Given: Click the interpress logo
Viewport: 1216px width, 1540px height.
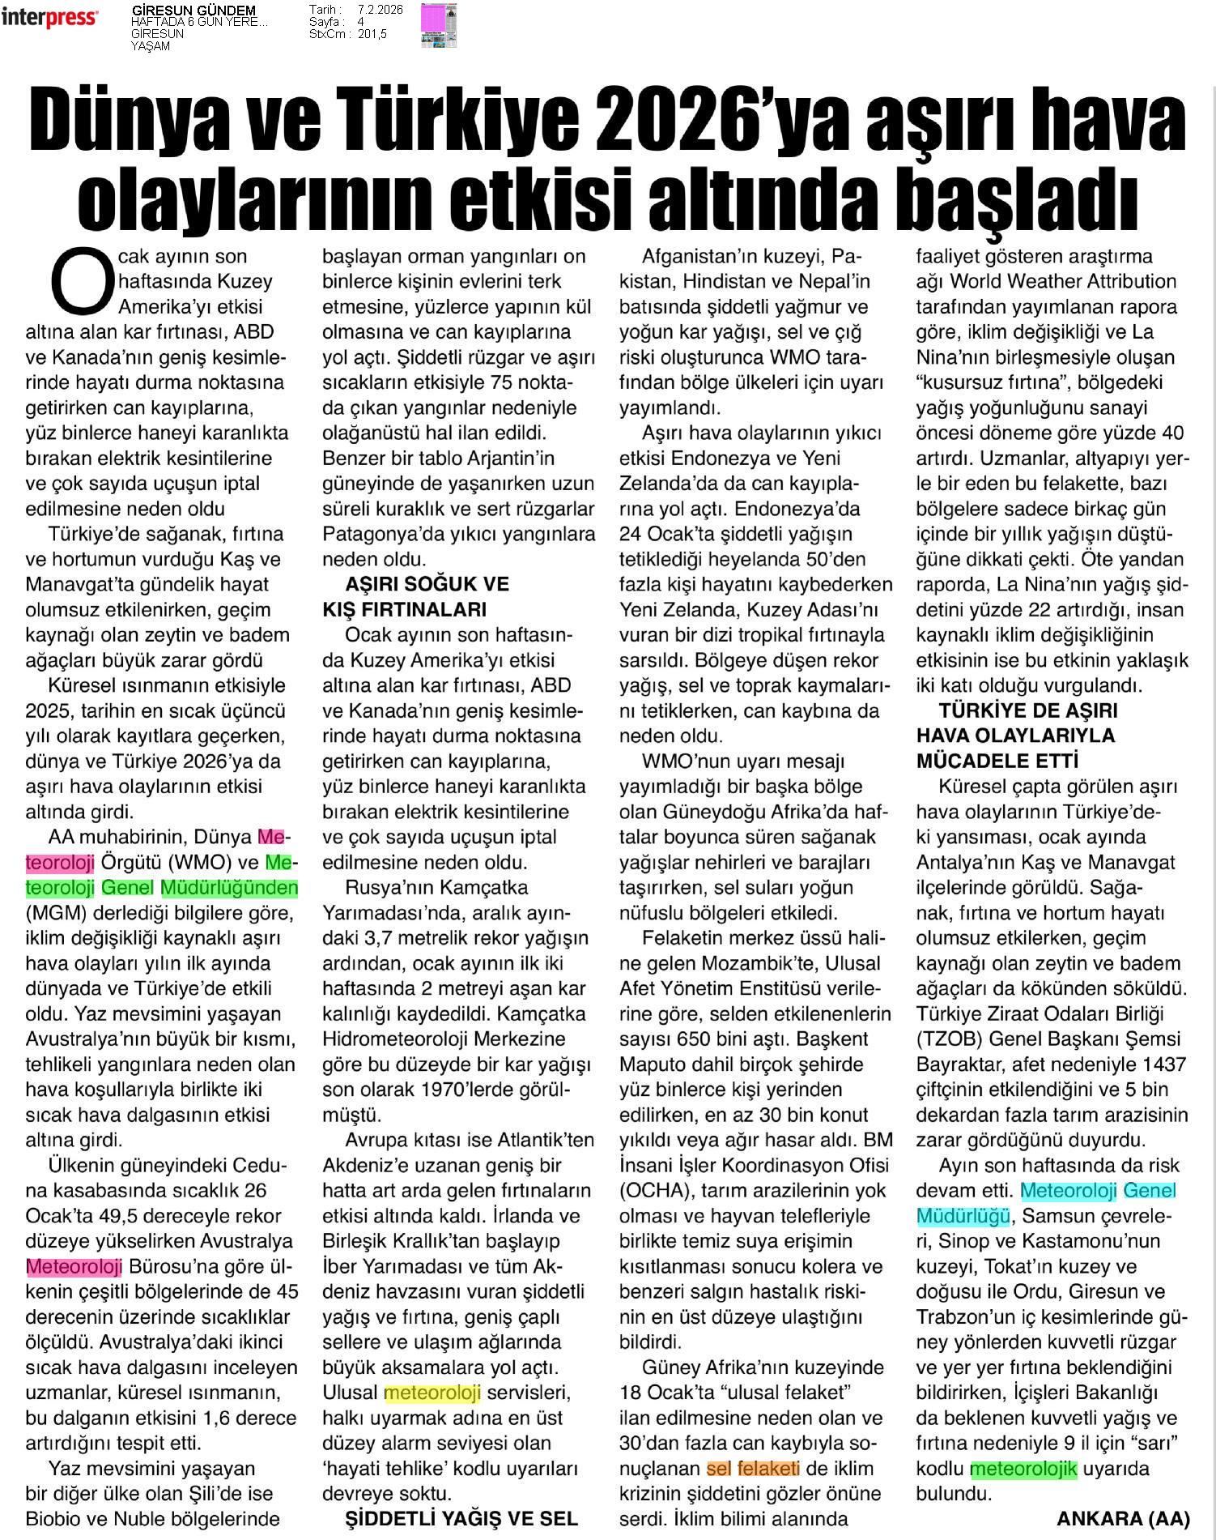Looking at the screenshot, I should click(50, 18).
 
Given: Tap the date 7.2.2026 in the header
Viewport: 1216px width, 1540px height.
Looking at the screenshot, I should click(380, 10).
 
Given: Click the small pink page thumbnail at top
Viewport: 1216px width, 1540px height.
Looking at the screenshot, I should click(438, 24).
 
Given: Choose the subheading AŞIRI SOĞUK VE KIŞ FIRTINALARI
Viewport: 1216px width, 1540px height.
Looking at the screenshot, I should click(415, 597).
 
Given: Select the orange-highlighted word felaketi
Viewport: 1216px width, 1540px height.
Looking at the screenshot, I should click(768, 1469).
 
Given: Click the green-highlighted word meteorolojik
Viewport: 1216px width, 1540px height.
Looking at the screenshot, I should click(1023, 1469).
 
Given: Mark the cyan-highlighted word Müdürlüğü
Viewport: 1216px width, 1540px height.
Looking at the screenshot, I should click(963, 1216).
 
